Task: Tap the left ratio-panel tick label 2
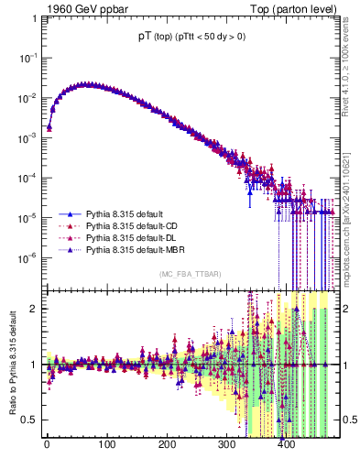point(35,308)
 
